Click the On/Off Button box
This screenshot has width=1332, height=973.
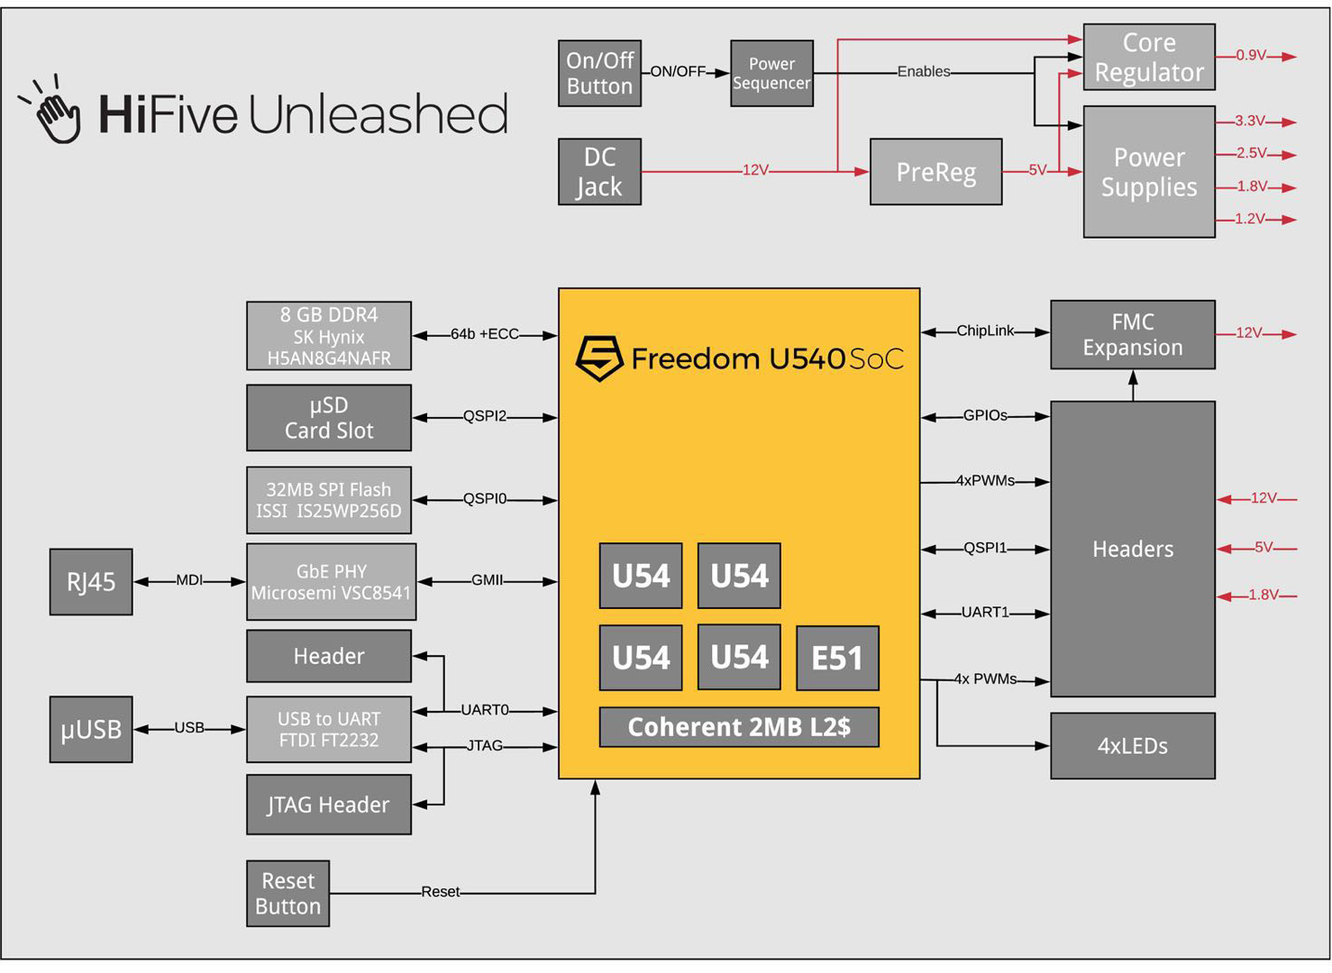[x=599, y=73]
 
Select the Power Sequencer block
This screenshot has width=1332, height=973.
[x=771, y=73]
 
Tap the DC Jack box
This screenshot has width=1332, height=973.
[x=599, y=171]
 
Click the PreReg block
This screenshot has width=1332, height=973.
[x=935, y=171]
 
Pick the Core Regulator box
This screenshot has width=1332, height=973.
[x=1148, y=57]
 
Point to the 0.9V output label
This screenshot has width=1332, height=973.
[x=1251, y=55]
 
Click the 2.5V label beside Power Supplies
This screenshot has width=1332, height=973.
[x=1251, y=153]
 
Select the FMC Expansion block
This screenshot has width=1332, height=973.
[x=1132, y=334]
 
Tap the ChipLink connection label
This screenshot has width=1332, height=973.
[x=985, y=331]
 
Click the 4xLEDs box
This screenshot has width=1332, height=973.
[x=1132, y=746]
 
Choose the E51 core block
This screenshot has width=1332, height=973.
[x=837, y=658]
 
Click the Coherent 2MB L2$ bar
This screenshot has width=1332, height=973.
[x=739, y=727]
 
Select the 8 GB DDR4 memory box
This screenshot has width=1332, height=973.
[x=329, y=336]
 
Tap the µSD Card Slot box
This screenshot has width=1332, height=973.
[x=329, y=418]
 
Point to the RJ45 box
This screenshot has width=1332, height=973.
[x=91, y=582]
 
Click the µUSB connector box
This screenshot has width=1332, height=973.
[x=91, y=729]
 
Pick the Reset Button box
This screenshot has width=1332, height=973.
[x=287, y=893]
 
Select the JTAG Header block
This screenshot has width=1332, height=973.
[x=329, y=805]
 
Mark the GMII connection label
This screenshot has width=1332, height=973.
[x=487, y=580]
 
